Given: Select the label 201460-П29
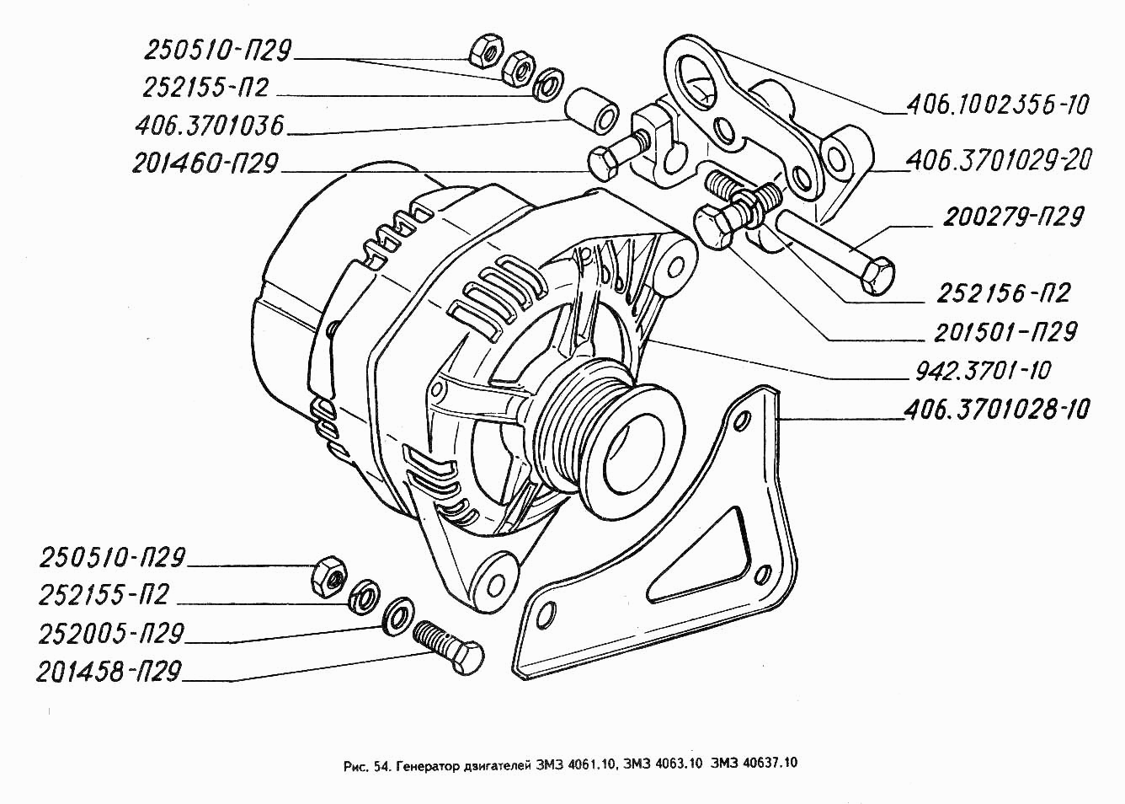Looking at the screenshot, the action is (205, 163).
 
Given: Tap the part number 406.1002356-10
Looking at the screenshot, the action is (998, 105).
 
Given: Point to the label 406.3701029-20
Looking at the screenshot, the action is (999, 161).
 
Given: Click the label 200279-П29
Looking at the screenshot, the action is (1012, 217).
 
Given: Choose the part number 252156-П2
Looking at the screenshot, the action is (1003, 293).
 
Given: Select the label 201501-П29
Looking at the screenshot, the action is (1005, 332).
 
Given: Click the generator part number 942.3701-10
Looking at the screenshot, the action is (984, 372).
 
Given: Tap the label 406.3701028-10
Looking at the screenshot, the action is (997, 410).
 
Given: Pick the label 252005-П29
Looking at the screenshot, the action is (111, 634).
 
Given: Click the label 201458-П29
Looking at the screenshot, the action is (109, 672).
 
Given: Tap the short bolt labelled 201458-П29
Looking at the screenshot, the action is (449, 648).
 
